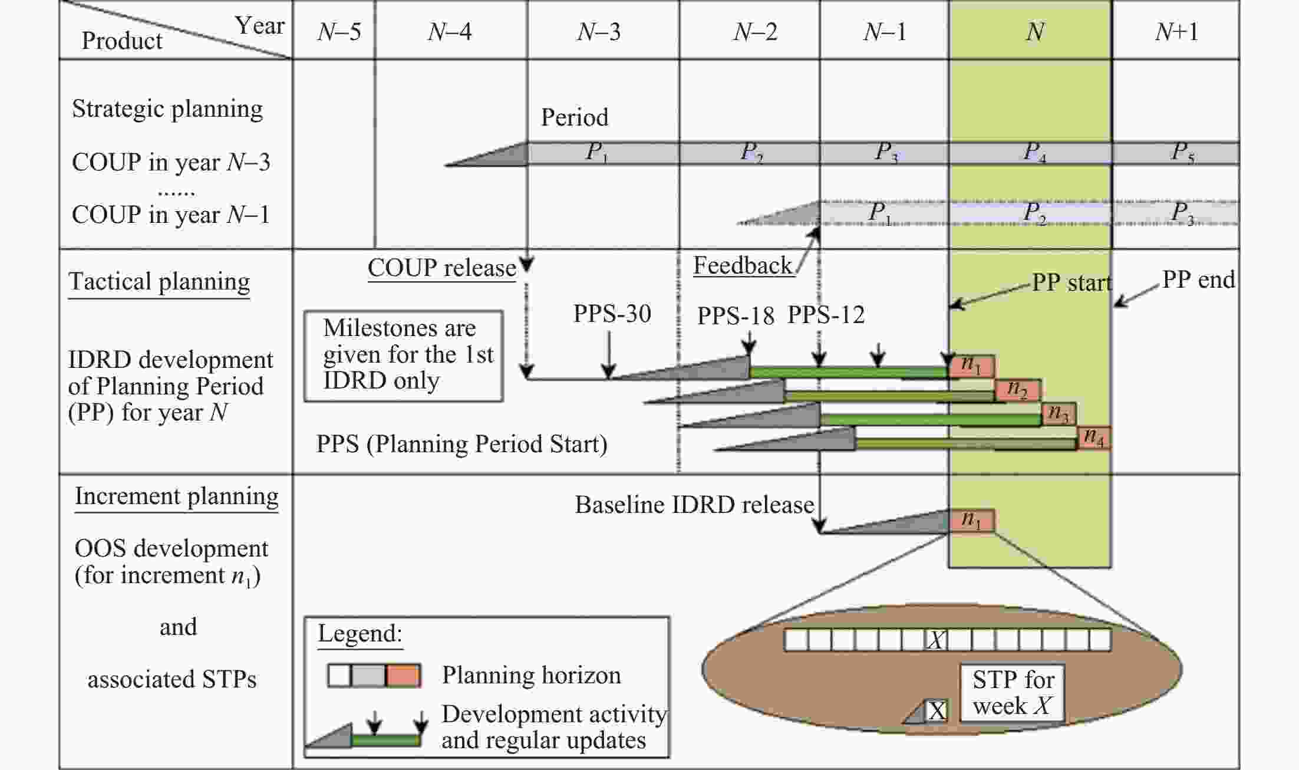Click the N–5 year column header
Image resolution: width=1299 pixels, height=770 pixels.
pyautogui.click(x=339, y=31)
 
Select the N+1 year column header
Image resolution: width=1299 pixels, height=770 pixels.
pyautogui.click(x=1176, y=31)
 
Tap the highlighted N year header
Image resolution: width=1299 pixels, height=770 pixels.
pyautogui.click(x=1034, y=31)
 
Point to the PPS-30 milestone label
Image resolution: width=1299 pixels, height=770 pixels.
pyautogui.click(x=612, y=314)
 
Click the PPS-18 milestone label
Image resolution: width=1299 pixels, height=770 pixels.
pyautogui.click(x=735, y=316)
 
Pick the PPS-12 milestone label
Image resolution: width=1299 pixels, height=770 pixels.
pyautogui.click(x=826, y=315)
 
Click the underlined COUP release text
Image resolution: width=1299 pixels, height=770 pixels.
pyautogui.click(x=441, y=268)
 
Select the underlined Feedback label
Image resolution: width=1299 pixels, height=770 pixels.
pyautogui.click(x=743, y=266)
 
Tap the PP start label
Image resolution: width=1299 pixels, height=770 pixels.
pyautogui.click(x=1071, y=282)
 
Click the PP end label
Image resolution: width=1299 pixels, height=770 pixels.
pyautogui.click(x=1198, y=279)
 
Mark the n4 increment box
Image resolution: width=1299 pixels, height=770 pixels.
pyautogui.click(x=1094, y=437)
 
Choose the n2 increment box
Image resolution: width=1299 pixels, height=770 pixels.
pyautogui.click(x=1018, y=389)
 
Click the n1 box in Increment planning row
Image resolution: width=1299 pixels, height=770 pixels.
pyautogui.click(x=971, y=520)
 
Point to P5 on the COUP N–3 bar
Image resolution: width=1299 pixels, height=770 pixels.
pyautogui.click(x=1182, y=153)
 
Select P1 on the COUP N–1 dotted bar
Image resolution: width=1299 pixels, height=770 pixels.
pyautogui.click(x=880, y=212)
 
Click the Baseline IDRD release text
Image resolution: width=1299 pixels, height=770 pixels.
pyautogui.click(x=694, y=505)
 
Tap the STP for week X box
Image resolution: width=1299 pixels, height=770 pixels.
pyautogui.click(x=1012, y=693)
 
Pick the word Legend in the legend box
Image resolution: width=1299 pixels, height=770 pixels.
pyautogui.click(x=360, y=634)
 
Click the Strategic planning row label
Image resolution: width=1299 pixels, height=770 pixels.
pyautogui.click(x=167, y=109)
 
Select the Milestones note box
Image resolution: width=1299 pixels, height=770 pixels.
pyautogui.click(x=404, y=356)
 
